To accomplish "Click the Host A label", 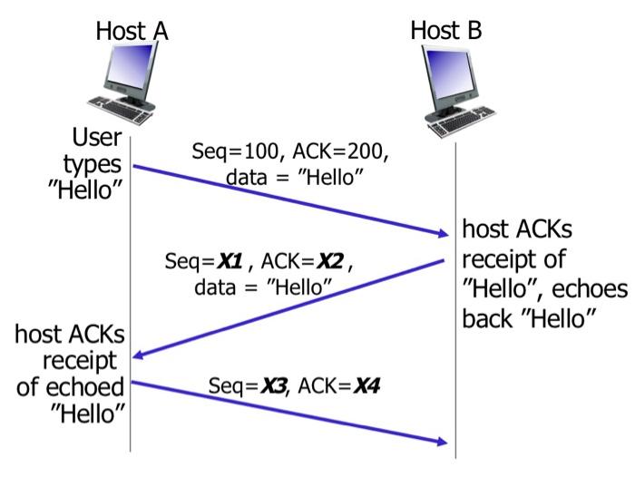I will (x=132, y=31).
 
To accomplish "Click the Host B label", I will (x=446, y=30).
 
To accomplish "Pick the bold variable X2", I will (x=328, y=263).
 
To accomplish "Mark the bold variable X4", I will (x=366, y=385).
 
